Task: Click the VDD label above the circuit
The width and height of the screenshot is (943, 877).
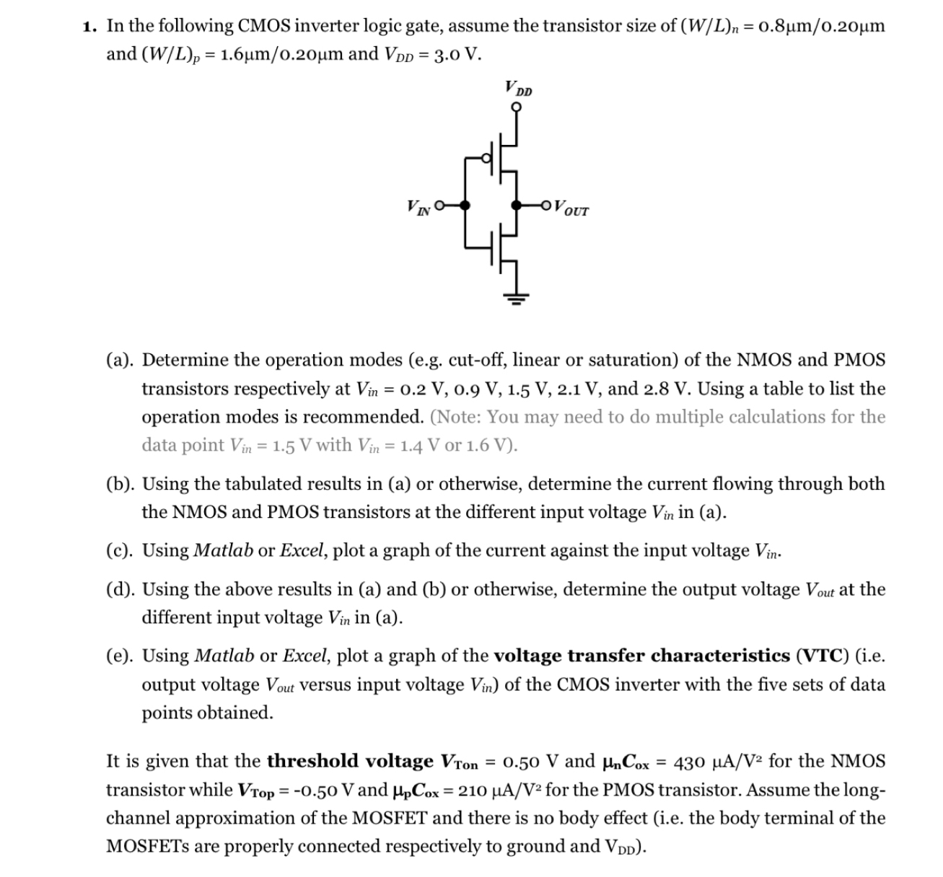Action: (x=519, y=89)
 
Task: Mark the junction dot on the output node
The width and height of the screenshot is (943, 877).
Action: (x=515, y=206)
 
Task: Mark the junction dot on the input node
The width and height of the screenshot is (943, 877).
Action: (x=465, y=206)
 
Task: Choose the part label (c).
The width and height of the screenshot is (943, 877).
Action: (x=118, y=550)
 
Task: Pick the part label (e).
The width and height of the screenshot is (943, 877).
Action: (x=118, y=656)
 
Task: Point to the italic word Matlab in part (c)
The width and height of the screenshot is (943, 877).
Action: (x=224, y=550)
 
